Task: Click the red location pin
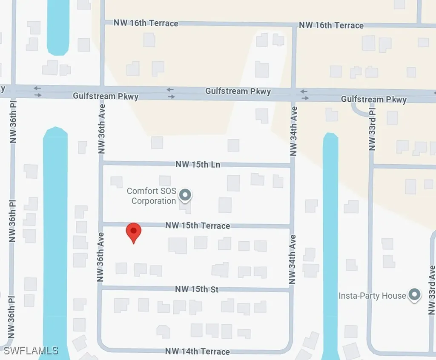pyautogui.click(x=134, y=232)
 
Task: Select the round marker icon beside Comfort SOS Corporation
pyautogui.click(x=185, y=195)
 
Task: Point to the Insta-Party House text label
pyautogui.click(x=372, y=295)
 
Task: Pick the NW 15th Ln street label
pyautogui.click(x=198, y=164)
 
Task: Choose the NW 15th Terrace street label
pyautogui.click(x=198, y=226)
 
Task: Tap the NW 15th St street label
pyautogui.click(x=197, y=289)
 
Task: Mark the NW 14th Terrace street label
pyautogui.click(x=198, y=351)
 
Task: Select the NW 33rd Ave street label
pyautogui.click(x=432, y=290)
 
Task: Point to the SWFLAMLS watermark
pyautogui.click(x=31, y=351)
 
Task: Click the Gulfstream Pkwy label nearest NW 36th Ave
pyautogui.click(x=106, y=96)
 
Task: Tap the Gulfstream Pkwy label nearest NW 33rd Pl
pyautogui.click(x=373, y=100)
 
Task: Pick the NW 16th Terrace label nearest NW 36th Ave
pyautogui.click(x=146, y=23)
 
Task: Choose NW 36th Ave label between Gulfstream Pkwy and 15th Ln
pyautogui.click(x=101, y=129)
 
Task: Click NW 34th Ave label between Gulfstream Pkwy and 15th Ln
pyautogui.click(x=293, y=131)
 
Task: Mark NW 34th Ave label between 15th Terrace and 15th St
pyautogui.click(x=292, y=260)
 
